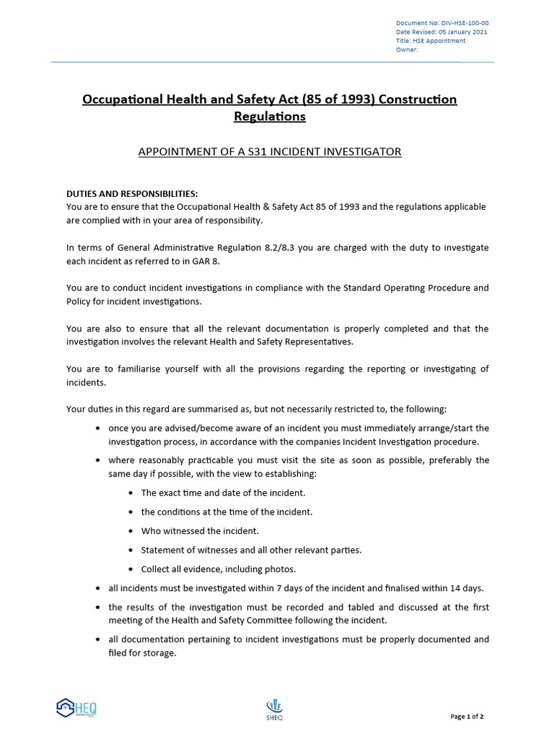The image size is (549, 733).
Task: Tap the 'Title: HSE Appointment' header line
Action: (x=430, y=41)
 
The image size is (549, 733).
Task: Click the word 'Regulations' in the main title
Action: (x=269, y=116)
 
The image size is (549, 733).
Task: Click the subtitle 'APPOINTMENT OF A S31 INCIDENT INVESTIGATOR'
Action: (x=269, y=152)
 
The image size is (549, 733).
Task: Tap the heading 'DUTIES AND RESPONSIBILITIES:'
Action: (x=132, y=194)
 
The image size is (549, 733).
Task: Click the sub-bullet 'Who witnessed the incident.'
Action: (x=199, y=531)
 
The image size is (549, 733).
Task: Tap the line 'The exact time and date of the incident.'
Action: (x=223, y=493)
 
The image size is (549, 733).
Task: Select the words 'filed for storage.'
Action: (x=142, y=653)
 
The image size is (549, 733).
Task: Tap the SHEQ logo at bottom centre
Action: (x=274, y=709)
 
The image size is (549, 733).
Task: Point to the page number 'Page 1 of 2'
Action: (x=467, y=717)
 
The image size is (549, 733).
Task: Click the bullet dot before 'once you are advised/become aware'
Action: (x=97, y=429)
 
